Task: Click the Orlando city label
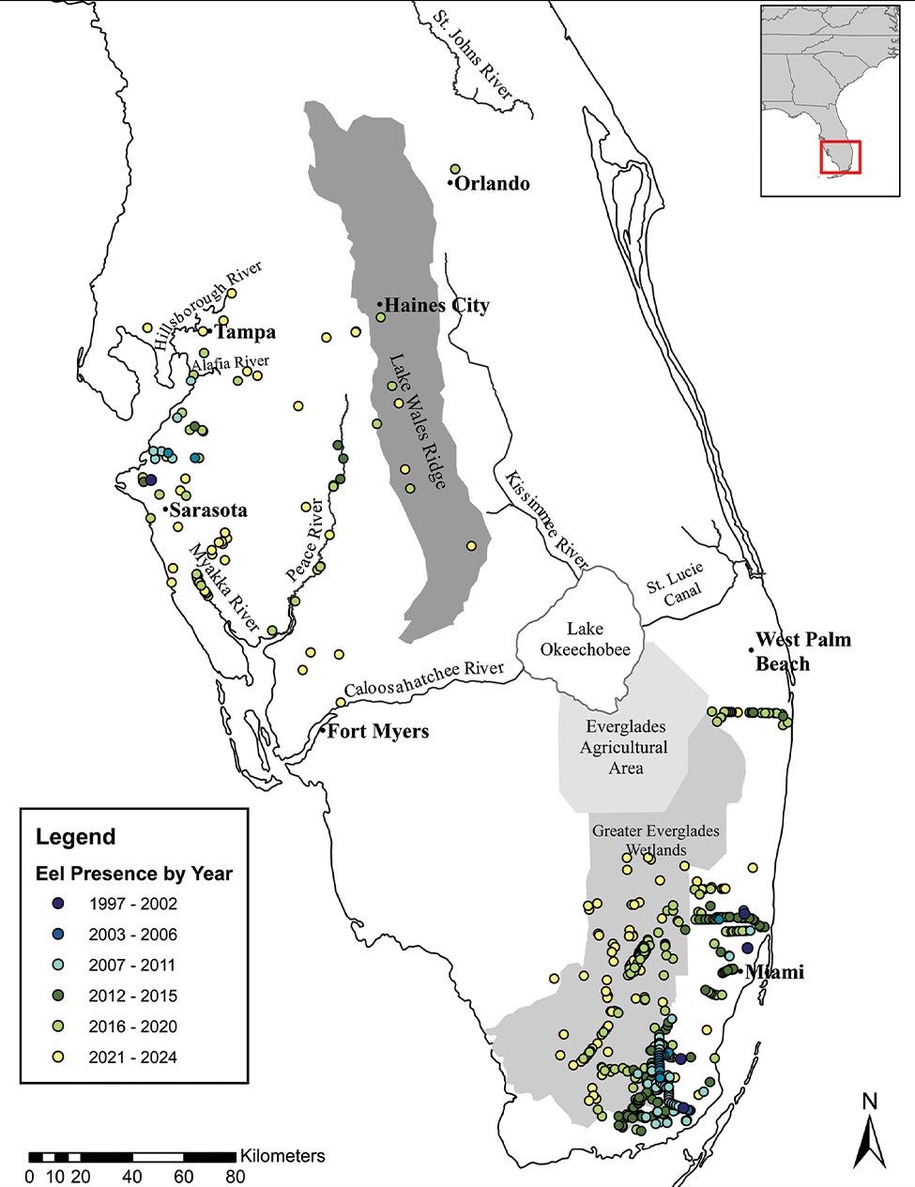click(x=492, y=184)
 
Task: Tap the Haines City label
click(x=436, y=306)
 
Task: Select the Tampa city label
click(x=245, y=332)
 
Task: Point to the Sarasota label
click(x=208, y=510)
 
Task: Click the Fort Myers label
click(x=377, y=732)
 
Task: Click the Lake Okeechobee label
click(x=585, y=639)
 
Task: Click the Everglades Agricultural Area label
click(x=625, y=747)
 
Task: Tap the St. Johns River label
click(x=473, y=55)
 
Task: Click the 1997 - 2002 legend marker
click(x=58, y=904)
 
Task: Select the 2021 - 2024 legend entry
click(x=132, y=1058)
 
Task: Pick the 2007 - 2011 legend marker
click(x=58, y=966)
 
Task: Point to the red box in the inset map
click(x=840, y=158)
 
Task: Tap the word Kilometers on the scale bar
click(x=282, y=1156)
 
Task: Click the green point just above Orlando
click(x=455, y=169)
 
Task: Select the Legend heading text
click(x=76, y=837)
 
